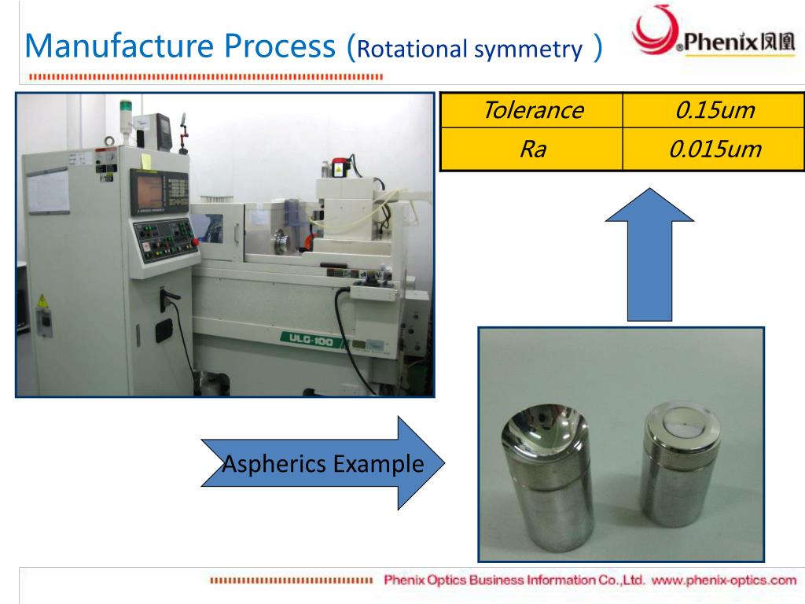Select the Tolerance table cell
[x=531, y=110]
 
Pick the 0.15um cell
[x=714, y=110]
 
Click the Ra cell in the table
[x=531, y=149]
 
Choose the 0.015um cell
[x=714, y=149]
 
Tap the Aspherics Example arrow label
[x=323, y=464]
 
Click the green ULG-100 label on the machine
[x=311, y=337]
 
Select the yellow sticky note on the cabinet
[x=145, y=160]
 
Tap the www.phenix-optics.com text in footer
[x=724, y=580]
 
